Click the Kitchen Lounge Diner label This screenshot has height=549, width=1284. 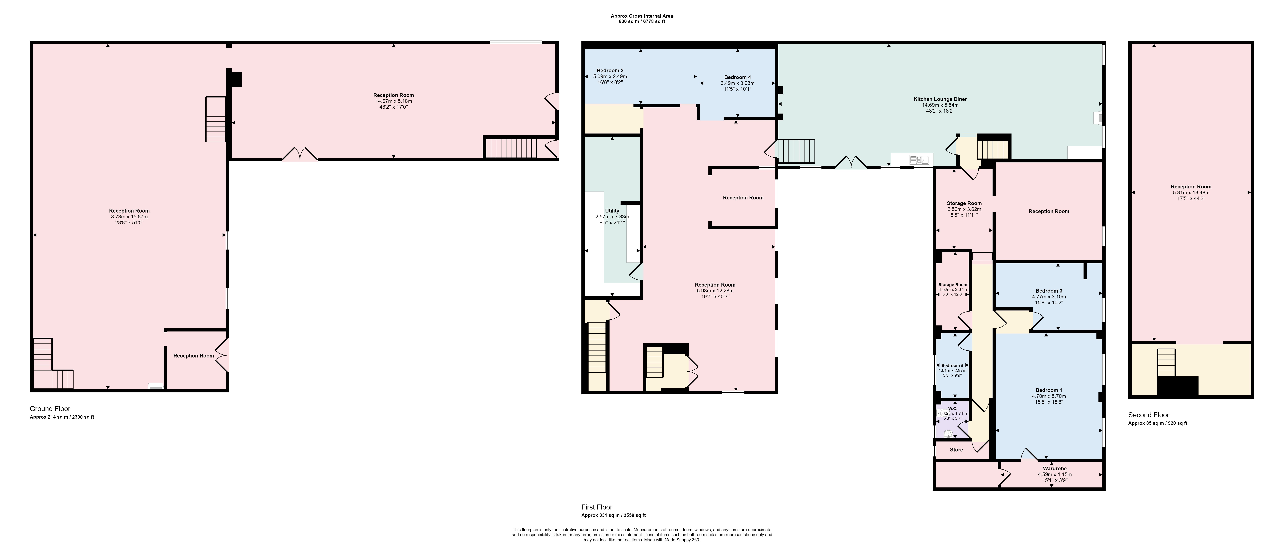tap(940, 99)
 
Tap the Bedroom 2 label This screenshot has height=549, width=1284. tap(610, 70)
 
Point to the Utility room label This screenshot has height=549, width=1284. tap(612, 211)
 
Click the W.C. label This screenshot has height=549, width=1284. tap(953, 408)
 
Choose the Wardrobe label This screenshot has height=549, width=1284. tap(1055, 468)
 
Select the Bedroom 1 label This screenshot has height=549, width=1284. tap(1049, 390)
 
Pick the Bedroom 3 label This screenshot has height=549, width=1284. tap(1049, 291)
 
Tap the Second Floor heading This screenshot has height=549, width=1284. tap(1148, 414)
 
